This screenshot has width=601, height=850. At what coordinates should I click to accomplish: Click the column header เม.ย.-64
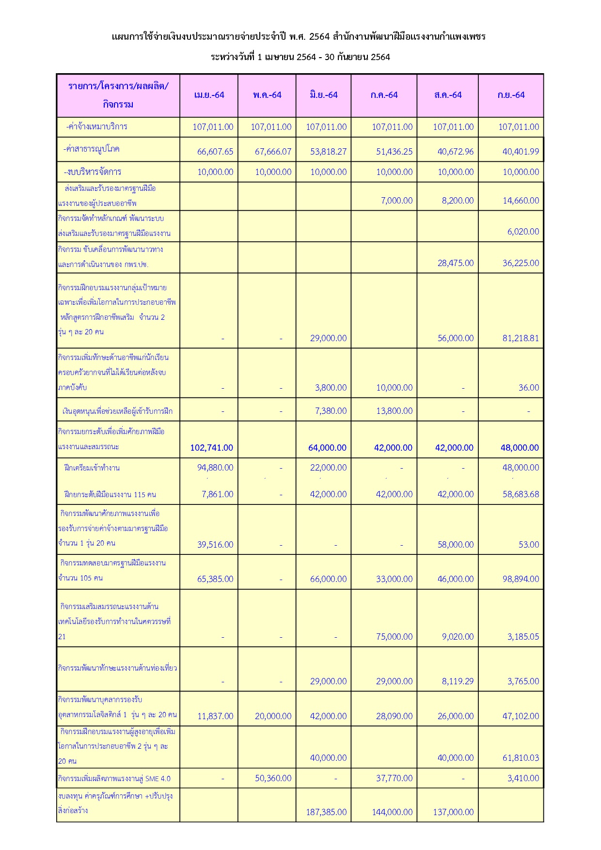tap(209, 95)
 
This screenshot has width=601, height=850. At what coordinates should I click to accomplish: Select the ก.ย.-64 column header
tap(511, 95)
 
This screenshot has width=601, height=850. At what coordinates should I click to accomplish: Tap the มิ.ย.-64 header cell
tap(323, 95)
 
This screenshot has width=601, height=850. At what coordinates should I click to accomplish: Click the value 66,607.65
tap(215, 152)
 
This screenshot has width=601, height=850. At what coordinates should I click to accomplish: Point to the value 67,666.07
tap(273, 152)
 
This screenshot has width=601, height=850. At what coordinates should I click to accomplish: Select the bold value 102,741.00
tap(211, 448)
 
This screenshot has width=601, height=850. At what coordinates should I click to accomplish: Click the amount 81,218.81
tap(521, 338)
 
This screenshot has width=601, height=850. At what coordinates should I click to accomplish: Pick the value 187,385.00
tap(326, 812)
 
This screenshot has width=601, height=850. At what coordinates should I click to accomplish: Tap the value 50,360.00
tap(273, 778)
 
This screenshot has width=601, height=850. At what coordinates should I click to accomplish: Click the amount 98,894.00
tap(521, 579)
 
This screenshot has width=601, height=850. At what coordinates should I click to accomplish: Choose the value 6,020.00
tap(523, 232)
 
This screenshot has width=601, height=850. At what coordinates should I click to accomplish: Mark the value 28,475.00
tap(456, 263)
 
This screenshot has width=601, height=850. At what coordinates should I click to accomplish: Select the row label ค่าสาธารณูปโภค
tap(92, 149)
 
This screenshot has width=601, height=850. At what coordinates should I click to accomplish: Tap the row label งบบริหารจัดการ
tap(93, 172)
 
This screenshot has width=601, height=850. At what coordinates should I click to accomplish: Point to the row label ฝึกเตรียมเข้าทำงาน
tap(92, 468)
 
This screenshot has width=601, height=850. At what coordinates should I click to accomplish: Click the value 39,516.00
tap(215, 545)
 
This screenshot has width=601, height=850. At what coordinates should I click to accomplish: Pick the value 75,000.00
tap(394, 637)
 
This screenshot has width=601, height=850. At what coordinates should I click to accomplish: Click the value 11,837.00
tap(215, 716)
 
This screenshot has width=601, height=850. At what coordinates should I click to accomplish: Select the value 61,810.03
tap(521, 758)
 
